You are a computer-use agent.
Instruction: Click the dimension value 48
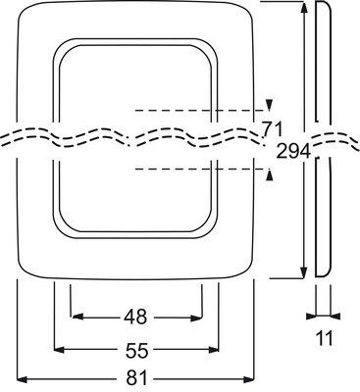coord(135,317)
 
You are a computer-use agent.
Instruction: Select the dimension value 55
coord(136,351)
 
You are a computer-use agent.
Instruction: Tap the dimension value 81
coord(135,379)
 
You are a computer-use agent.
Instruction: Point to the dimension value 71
coord(272,128)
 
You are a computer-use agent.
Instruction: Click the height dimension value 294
coord(293,151)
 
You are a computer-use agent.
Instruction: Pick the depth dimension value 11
coord(324,338)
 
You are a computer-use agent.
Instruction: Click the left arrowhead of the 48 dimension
coord(77,317)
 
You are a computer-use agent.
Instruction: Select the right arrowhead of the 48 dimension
coord(196,317)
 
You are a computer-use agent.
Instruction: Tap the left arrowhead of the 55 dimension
coord(59,350)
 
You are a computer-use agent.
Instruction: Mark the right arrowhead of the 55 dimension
coord(214,350)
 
